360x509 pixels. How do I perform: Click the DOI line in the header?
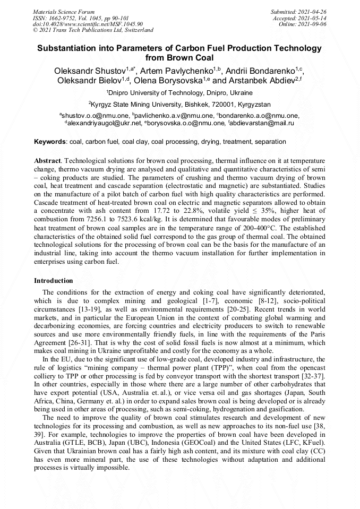tap(88, 24)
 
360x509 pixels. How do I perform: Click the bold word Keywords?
tap(50, 142)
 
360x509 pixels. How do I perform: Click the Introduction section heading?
tap(53, 280)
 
